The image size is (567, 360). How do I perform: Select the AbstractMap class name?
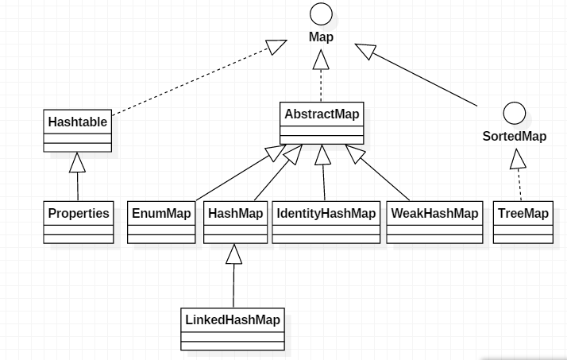pos(322,114)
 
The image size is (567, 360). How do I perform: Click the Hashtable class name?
pos(77,122)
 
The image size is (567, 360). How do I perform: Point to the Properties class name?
pos(79,214)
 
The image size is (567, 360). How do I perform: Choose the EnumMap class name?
pos(161,214)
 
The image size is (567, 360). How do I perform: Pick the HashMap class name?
pos(235,214)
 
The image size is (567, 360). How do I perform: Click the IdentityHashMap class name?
pos(326,214)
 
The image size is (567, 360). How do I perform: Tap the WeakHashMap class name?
pos(434,214)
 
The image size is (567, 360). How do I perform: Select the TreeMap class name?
pos(523,214)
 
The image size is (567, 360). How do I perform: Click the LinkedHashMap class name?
pos(233,319)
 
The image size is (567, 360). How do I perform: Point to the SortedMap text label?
pos(515,137)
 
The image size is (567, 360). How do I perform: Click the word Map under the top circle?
pos(321,37)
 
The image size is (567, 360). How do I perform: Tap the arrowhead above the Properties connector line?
pos(77,162)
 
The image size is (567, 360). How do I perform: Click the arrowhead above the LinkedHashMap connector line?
pos(234,254)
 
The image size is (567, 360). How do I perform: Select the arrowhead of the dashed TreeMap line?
pos(518,159)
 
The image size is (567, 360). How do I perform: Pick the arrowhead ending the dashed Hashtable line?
pos(276,47)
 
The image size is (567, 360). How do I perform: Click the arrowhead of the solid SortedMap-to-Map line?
pos(365,51)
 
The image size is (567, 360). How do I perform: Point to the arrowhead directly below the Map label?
pos(321,60)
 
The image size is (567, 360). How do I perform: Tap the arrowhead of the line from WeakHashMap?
pos(354,153)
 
